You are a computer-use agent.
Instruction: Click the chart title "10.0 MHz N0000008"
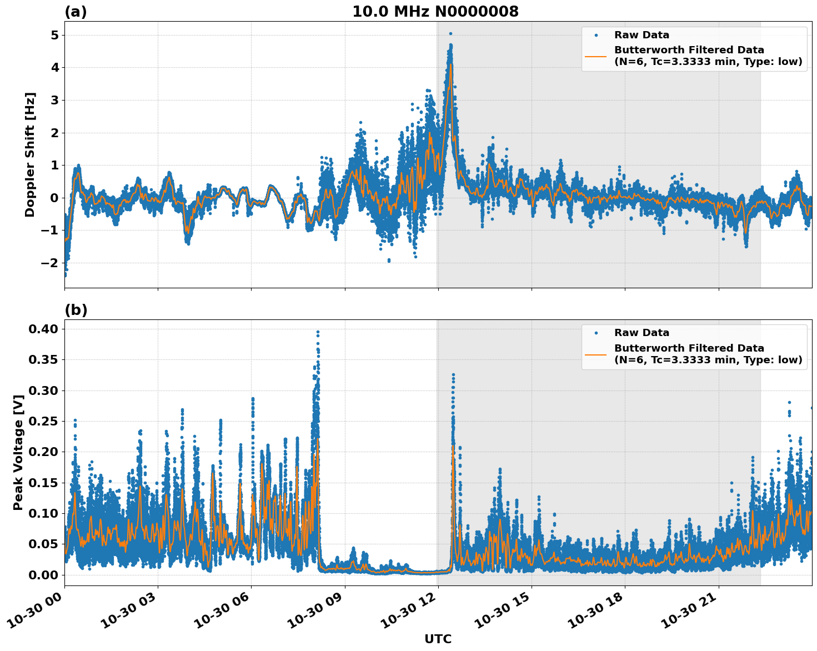[435, 12]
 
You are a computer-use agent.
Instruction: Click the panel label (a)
[76, 12]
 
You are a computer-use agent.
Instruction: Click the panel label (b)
[76, 310]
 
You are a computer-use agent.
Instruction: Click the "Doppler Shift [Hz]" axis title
[30, 154]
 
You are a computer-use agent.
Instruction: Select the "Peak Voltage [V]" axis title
[18, 453]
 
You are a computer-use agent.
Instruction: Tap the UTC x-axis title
[438, 639]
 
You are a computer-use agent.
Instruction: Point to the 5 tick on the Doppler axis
[54, 35]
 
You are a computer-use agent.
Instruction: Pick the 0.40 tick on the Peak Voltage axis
[43, 329]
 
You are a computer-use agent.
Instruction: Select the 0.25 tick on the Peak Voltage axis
[43, 421]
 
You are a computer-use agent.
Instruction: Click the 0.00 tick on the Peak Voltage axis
[43, 575]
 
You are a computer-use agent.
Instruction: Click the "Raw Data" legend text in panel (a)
[641, 35]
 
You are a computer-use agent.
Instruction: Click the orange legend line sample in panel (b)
[595, 354]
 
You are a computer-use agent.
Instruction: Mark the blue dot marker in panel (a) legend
[595, 35]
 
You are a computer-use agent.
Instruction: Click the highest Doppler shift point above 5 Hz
[450, 34]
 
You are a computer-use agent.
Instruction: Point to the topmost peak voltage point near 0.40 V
[318, 332]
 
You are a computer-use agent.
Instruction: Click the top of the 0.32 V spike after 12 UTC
[453, 375]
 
